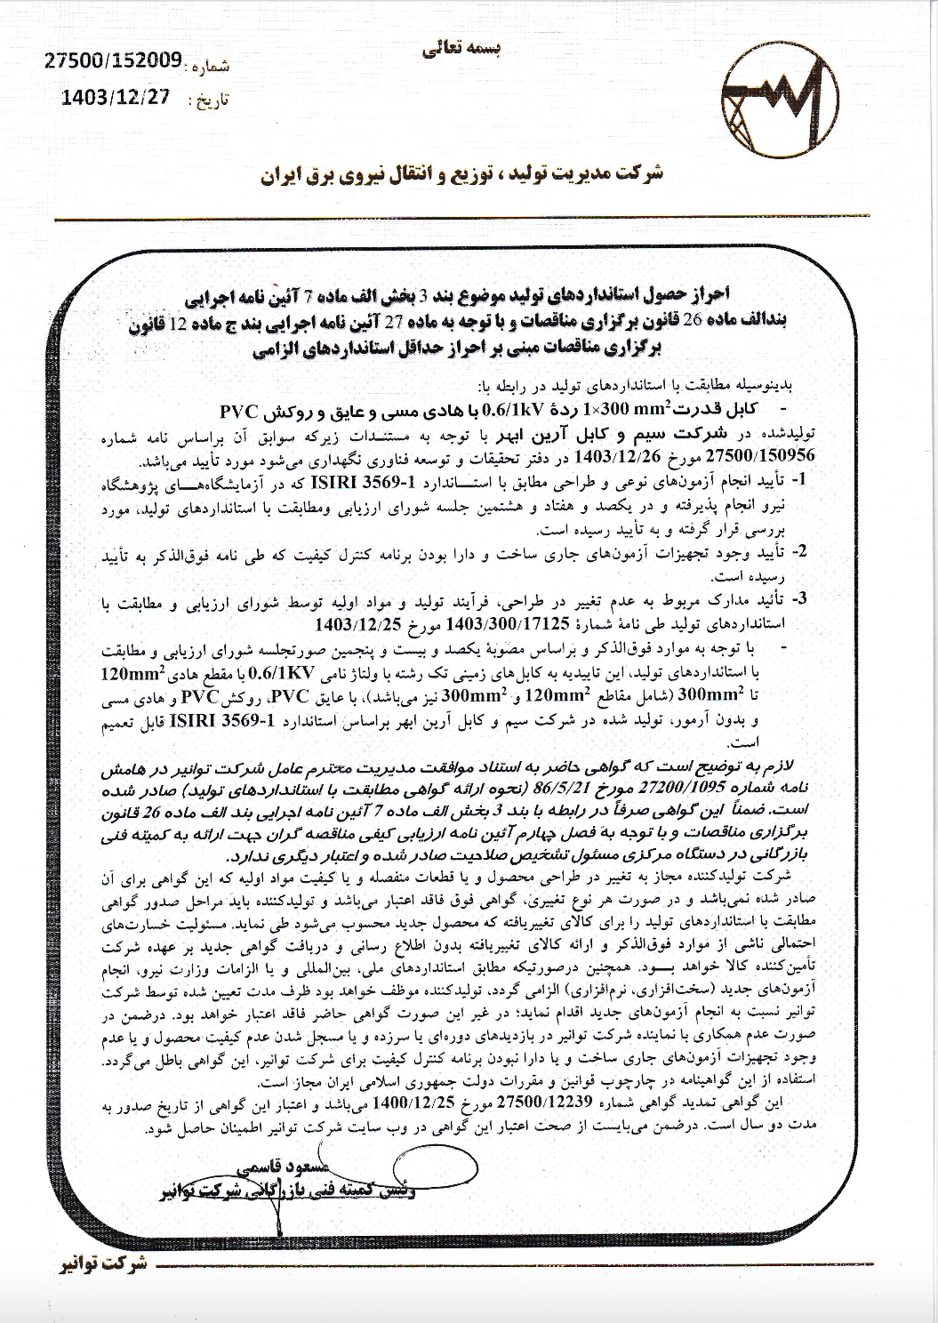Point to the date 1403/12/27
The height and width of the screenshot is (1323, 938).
coord(116,99)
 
